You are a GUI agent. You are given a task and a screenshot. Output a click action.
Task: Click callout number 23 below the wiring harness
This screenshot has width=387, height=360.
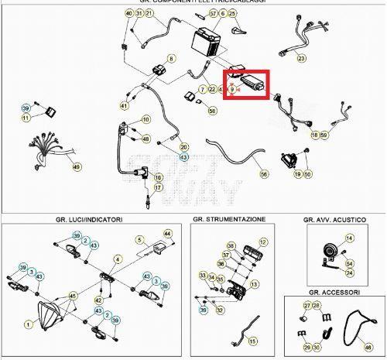point(301,59)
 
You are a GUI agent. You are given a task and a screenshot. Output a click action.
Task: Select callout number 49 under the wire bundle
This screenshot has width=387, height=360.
point(76,166)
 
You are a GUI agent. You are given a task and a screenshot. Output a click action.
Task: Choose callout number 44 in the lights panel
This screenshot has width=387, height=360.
point(167,233)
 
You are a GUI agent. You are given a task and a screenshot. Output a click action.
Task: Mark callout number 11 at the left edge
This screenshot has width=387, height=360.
point(26,118)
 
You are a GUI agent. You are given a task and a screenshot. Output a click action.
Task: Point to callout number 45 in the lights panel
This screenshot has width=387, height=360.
point(73,296)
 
